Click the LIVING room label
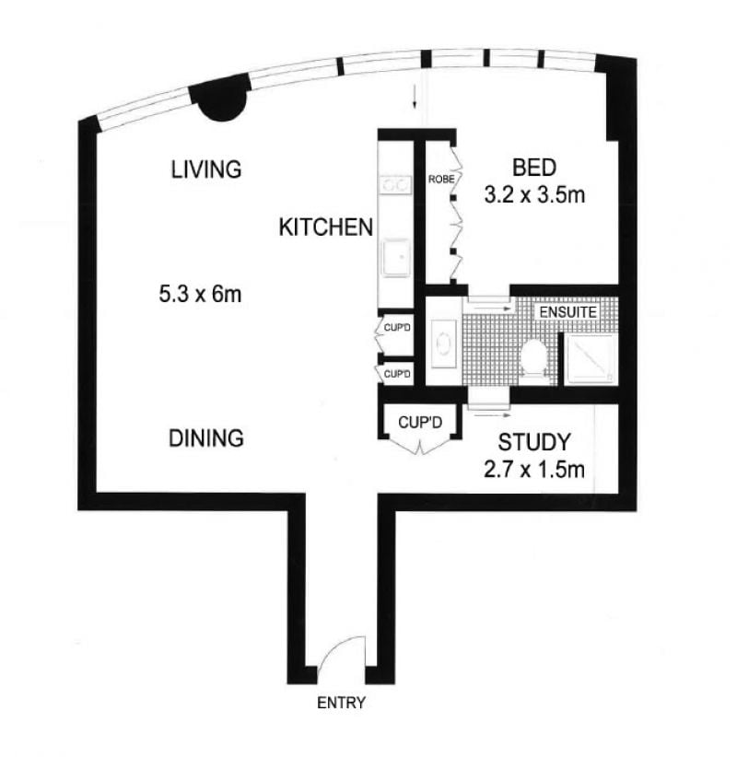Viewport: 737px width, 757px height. pyautogui.click(x=206, y=169)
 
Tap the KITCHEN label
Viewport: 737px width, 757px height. pyautogui.click(x=326, y=227)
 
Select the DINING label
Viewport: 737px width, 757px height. pyautogui.click(x=206, y=438)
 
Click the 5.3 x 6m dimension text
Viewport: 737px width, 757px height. pyautogui.click(x=200, y=294)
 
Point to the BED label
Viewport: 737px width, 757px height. pyautogui.click(x=534, y=168)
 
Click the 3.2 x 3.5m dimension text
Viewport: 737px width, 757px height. pyautogui.click(x=534, y=195)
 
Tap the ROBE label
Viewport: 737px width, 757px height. pyautogui.click(x=441, y=179)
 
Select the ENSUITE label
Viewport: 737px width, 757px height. pyautogui.click(x=568, y=312)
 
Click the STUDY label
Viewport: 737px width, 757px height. pyautogui.click(x=534, y=442)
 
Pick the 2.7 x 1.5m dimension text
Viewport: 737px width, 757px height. pyautogui.click(x=534, y=470)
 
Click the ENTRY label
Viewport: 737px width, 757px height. pyautogui.click(x=341, y=703)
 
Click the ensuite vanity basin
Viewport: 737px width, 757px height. pyautogui.click(x=444, y=344)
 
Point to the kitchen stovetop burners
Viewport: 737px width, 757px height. pyautogui.click(x=395, y=184)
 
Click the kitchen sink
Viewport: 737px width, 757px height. pyautogui.click(x=396, y=258)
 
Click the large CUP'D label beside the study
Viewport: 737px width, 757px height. pyautogui.click(x=420, y=423)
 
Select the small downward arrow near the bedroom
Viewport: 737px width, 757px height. pyautogui.click(x=415, y=99)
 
